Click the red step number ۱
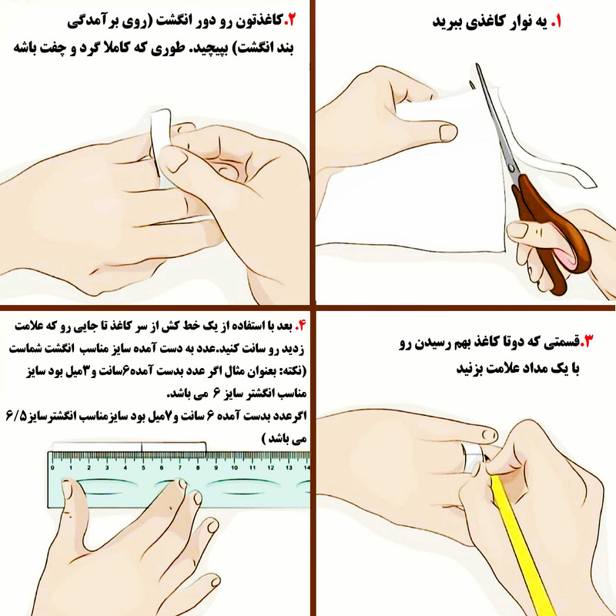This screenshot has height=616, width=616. click(x=556, y=22)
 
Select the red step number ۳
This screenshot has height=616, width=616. click(x=587, y=341)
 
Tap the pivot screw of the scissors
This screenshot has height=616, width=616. click(x=511, y=168)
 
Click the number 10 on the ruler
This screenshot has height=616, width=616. click(x=235, y=467)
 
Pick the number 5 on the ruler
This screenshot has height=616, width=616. click(x=143, y=467)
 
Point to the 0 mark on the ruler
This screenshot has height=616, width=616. click(x=52, y=467)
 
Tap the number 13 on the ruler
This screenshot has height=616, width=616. click(x=290, y=467)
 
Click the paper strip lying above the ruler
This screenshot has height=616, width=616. click(x=129, y=447)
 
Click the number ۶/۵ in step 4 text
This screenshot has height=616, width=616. click(x=16, y=416)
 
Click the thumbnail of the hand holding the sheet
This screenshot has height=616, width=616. click(x=448, y=132)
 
